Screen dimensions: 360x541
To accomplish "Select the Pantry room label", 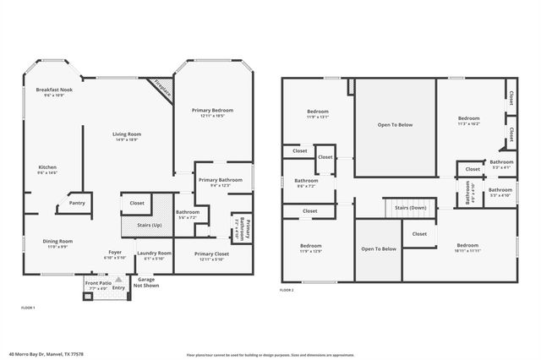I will [x=77, y=203].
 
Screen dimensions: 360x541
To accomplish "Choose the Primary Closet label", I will [x=213, y=256].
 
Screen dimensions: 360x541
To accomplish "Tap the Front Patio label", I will [x=97, y=285].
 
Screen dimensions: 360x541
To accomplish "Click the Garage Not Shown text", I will [x=146, y=282].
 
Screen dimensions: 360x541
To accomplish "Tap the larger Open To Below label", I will [x=395, y=124].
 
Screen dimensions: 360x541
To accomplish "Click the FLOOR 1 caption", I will [x=28, y=308].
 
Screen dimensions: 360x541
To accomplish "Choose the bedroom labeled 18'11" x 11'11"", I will [x=467, y=247].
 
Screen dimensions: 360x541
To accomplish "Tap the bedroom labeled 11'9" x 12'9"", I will [x=311, y=248].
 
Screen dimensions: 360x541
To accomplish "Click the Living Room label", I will [x=128, y=136].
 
